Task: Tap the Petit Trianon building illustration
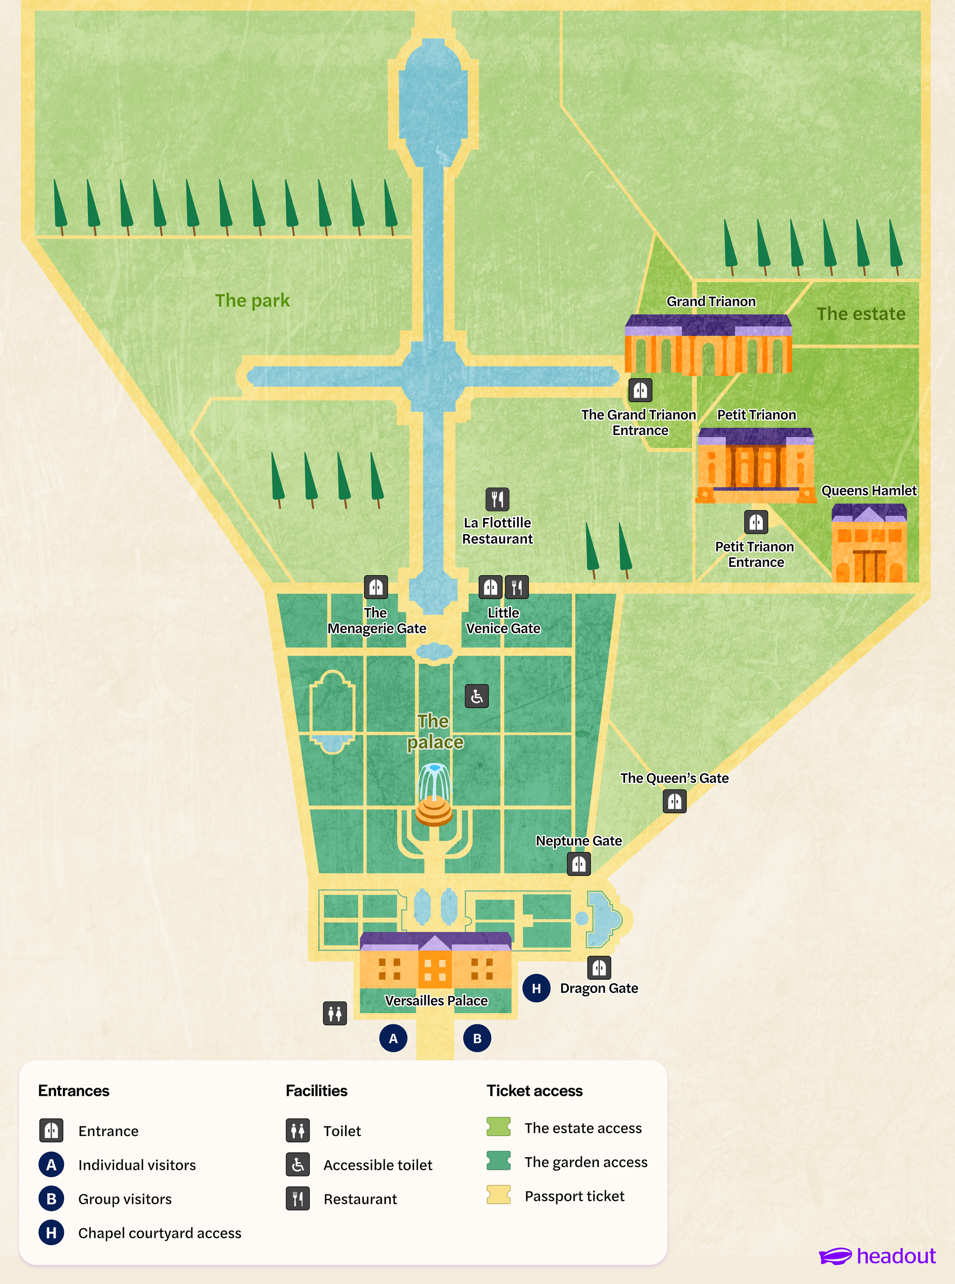[756, 465]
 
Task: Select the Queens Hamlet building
[869, 543]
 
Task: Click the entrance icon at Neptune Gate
[579, 864]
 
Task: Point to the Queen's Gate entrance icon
[674, 801]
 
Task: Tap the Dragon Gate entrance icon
[599, 967]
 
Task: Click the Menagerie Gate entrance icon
[376, 587]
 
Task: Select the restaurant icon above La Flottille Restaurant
[497, 499]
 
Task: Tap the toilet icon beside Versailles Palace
[335, 1013]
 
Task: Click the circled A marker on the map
[393, 1038]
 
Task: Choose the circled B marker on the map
[477, 1038]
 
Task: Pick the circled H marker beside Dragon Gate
[537, 988]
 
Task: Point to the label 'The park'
[252, 300]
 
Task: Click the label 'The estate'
[861, 314]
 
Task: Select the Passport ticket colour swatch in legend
[498, 1195]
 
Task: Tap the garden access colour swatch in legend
[498, 1160]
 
